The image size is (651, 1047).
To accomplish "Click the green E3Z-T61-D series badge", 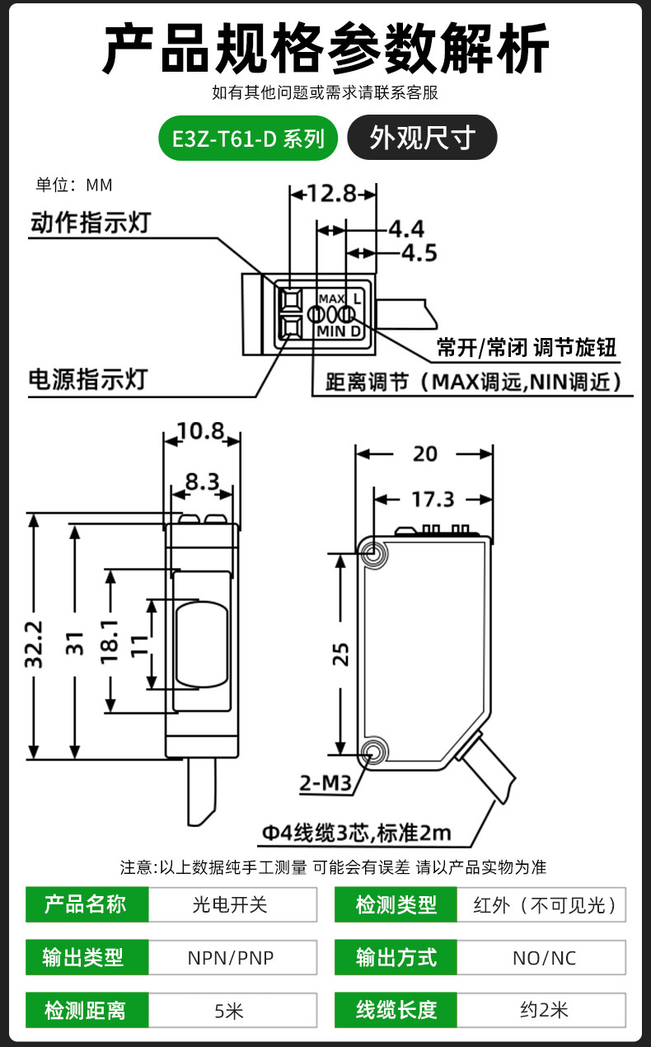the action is [x=248, y=139].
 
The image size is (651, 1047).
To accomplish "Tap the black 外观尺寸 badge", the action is [x=422, y=138].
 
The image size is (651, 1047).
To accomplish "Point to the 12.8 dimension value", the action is [x=333, y=193].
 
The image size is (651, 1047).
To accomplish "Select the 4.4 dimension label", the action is [x=406, y=229].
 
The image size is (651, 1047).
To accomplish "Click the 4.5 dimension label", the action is [x=419, y=253].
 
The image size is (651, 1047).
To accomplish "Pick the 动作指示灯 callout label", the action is [x=91, y=223].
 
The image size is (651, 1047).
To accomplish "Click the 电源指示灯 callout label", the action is [x=88, y=379].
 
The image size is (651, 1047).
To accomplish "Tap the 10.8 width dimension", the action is [x=201, y=431].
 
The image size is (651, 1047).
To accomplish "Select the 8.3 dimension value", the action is [x=203, y=481].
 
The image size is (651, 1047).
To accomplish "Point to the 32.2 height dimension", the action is [x=34, y=644].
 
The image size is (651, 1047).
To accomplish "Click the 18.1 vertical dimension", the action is [x=110, y=641].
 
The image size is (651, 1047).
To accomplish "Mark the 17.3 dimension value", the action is [x=433, y=500].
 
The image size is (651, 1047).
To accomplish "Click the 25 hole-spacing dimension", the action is [x=340, y=655].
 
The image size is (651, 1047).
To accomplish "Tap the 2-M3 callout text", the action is [x=325, y=783].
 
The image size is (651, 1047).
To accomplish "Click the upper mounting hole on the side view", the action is [x=372, y=553].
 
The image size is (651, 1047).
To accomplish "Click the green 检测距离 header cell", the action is [x=87, y=1010].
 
